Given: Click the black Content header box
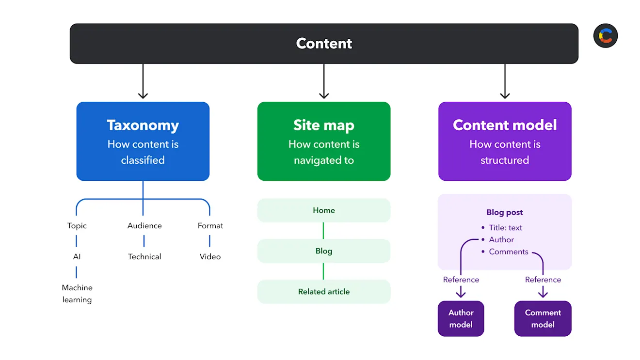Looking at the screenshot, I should [x=324, y=44].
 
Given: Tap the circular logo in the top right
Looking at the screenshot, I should [x=606, y=36].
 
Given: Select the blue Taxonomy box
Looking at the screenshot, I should [x=143, y=141].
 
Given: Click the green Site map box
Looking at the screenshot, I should [x=323, y=141].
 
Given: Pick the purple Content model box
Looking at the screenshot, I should [x=505, y=141].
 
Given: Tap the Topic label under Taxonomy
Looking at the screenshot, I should [x=77, y=226].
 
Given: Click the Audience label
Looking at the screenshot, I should [x=144, y=226].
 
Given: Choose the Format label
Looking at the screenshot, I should [x=210, y=226].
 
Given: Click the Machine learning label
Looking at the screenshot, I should [x=77, y=294].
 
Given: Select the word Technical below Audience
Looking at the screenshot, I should [x=144, y=257].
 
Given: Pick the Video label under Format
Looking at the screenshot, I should [x=210, y=257].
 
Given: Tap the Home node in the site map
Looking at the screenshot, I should [x=323, y=210].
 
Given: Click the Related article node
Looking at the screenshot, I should [x=323, y=292].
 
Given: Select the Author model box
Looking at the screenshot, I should [x=461, y=319].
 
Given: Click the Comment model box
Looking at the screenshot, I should [x=543, y=319].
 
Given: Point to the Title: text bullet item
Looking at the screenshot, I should [x=505, y=228].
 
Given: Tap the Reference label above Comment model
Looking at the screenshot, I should [x=543, y=280].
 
